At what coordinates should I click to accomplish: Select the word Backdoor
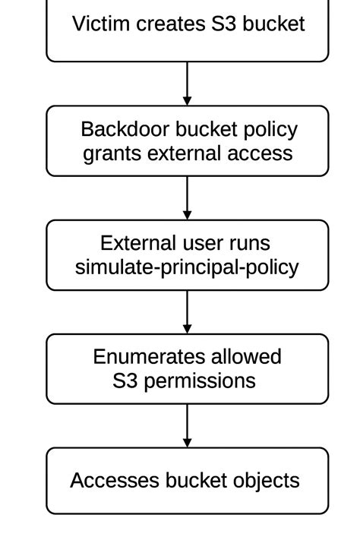(125, 129)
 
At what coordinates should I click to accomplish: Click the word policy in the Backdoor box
(270, 131)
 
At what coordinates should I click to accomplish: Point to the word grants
(112, 154)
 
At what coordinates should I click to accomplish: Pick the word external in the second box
(184, 153)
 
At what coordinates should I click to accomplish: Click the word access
(260, 154)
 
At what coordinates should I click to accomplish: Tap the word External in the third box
(138, 243)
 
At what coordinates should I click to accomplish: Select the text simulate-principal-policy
(187, 267)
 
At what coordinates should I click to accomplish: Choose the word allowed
(246, 357)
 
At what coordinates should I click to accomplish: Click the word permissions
(200, 381)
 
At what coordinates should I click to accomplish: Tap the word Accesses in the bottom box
(115, 481)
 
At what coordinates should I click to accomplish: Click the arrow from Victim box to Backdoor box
(187, 84)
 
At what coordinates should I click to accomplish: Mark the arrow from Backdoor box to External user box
(187, 198)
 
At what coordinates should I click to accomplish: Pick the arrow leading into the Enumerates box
(187, 312)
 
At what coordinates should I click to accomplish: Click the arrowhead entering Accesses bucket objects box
(187, 443)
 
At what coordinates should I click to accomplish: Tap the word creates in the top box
(171, 24)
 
